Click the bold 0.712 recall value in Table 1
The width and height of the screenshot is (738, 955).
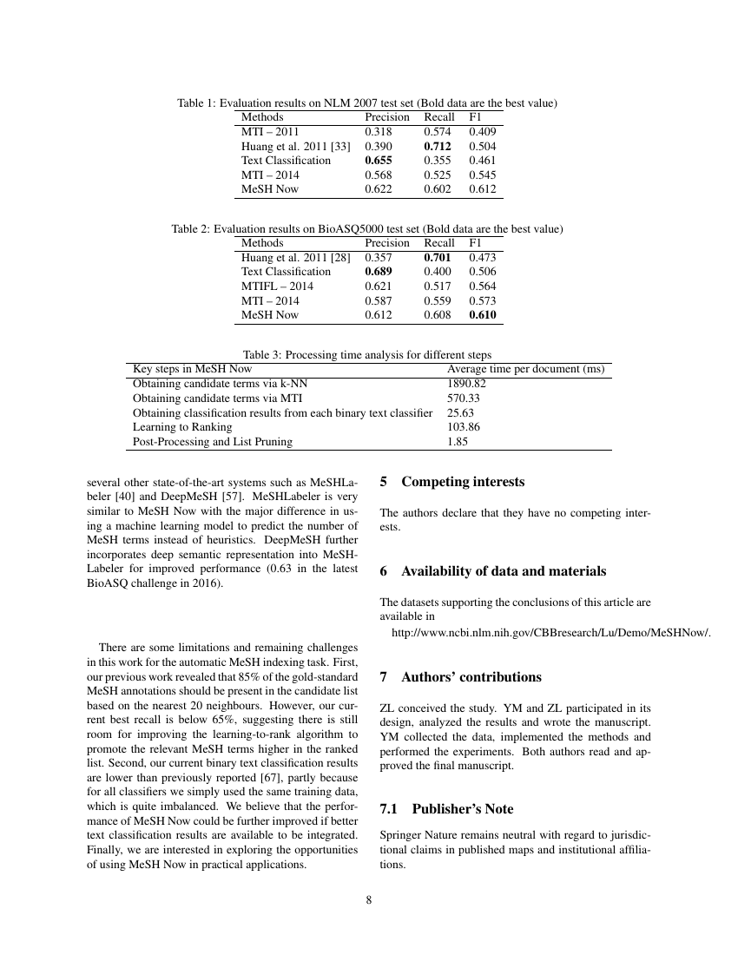click(x=438, y=146)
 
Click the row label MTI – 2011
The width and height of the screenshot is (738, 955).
click(x=269, y=132)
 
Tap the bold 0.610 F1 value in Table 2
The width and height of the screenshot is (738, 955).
click(x=483, y=315)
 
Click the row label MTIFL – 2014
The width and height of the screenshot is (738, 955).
click(x=277, y=286)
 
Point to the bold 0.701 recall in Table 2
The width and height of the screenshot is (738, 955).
click(x=438, y=258)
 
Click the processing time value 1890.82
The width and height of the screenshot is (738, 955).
click(x=466, y=384)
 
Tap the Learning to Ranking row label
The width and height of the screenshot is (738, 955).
click(x=182, y=427)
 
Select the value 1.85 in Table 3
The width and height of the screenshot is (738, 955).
click(x=458, y=442)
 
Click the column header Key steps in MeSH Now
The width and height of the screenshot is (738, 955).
click(x=192, y=369)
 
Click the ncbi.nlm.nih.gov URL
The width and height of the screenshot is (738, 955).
click(x=551, y=633)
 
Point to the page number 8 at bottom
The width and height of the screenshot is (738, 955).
click(x=369, y=899)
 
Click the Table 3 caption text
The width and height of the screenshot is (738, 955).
click(x=367, y=354)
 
